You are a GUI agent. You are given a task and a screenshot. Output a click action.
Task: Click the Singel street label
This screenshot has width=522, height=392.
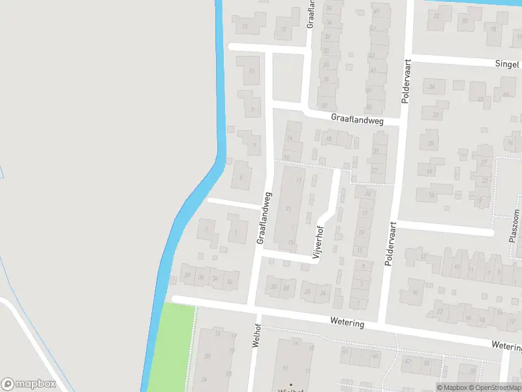(507, 64)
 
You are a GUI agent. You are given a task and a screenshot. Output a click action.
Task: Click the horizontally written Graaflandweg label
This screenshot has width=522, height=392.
(356, 119)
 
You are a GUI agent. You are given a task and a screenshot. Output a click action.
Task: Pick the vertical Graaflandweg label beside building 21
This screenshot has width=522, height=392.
(264, 218)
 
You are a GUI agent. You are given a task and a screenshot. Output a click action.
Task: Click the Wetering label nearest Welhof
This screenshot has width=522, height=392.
(347, 323)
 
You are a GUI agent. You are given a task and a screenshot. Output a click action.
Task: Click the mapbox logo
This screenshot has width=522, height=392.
(29, 384)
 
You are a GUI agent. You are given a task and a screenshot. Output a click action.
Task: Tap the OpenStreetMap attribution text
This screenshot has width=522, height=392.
(495, 387)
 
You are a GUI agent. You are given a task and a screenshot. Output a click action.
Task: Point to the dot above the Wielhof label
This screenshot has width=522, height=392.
(291, 384)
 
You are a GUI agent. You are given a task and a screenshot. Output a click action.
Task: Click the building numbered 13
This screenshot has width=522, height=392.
(245, 27)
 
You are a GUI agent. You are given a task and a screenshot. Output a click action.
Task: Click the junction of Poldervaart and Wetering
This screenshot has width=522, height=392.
(384, 325)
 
